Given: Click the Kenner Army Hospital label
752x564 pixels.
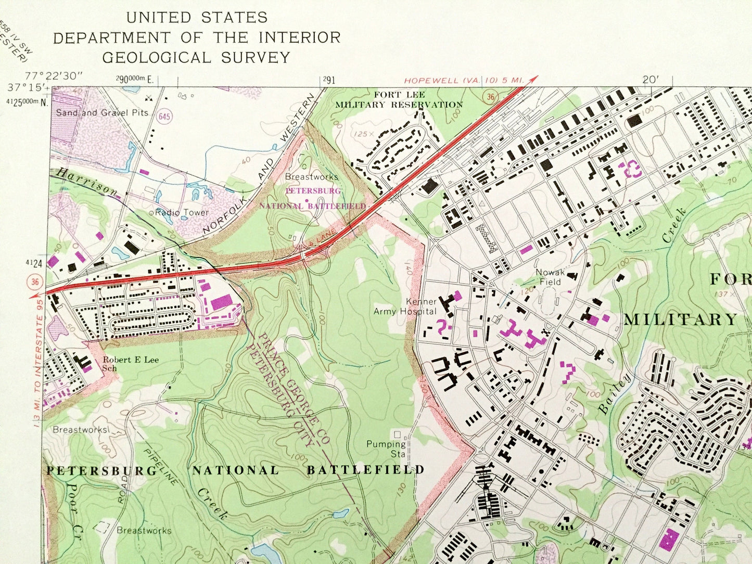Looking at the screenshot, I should [405, 306].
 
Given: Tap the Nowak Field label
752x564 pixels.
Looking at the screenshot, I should [550, 277].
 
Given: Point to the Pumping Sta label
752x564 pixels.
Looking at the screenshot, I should [386, 448].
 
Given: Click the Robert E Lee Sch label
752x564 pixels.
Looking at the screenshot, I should [130, 364].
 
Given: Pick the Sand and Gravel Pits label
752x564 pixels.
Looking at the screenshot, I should [102, 112].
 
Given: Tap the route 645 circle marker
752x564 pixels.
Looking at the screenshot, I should [164, 117].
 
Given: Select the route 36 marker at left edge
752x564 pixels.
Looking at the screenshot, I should [35, 282].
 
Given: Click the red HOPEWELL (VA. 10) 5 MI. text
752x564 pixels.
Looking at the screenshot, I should [464, 80].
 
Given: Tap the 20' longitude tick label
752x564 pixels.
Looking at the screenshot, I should [650, 80].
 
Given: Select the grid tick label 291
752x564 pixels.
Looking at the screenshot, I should [328, 80].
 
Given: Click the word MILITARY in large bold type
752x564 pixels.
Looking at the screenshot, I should [681, 319].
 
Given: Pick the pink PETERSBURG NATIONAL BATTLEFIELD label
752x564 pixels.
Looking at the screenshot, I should [313, 198].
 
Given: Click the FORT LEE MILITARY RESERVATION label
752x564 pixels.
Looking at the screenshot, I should [399, 99].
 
